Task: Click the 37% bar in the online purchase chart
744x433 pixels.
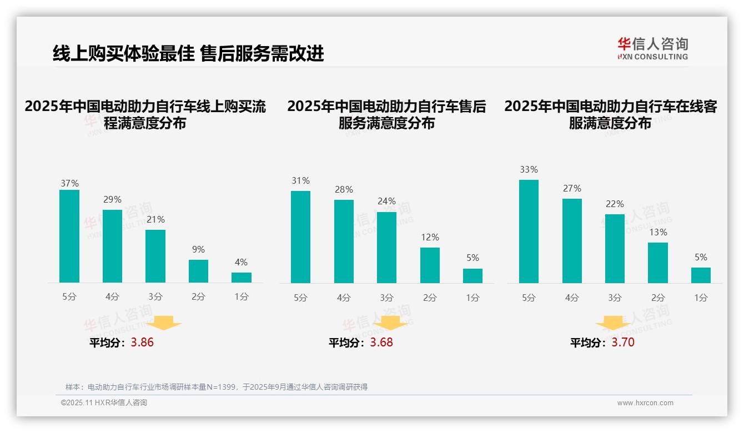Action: click(69, 236)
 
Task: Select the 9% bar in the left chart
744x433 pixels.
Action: click(198, 271)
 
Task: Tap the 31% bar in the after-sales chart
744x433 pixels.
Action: click(300, 237)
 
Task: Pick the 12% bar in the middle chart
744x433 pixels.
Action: click(430, 265)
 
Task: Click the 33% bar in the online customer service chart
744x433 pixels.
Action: click(529, 231)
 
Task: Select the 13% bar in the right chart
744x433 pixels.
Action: click(658, 263)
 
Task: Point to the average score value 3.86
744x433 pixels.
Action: click(142, 343)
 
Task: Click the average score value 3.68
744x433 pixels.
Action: click(381, 343)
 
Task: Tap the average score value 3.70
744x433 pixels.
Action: click(623, 343)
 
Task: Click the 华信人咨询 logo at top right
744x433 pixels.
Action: click(652, 48)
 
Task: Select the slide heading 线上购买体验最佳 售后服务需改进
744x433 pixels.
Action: click(188, 53)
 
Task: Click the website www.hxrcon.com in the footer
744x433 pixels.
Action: click(645, 403)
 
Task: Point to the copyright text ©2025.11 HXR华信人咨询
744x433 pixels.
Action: click(104, 403)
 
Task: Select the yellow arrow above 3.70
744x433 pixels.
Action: click(613, 323)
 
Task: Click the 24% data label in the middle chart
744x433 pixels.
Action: click(387, 201)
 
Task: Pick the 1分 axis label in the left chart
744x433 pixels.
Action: click(242, 297)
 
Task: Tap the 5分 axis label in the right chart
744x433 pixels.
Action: click(529, 298)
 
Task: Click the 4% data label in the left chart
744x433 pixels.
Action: click(241, 262)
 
